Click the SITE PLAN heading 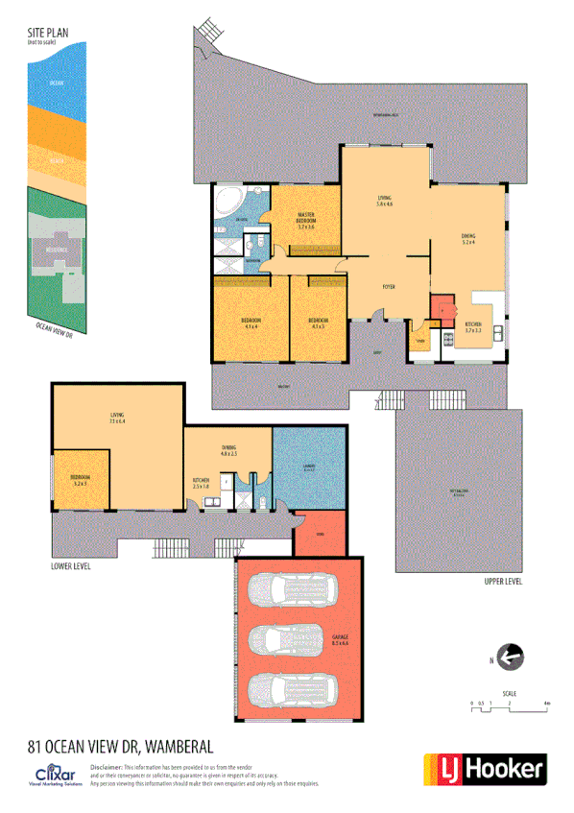click(x=48, y=31)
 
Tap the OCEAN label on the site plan click(x=58, y=84)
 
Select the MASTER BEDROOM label click(x=306, y=222)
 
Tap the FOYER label click(x=389, y=287)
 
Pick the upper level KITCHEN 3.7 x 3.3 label click(x=473, y=327)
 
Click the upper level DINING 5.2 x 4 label click(x=469, y=238)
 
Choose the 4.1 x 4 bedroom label click(x=251, y=322)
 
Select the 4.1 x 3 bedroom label click(x=319, y=322)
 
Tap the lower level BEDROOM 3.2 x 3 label click(x=80, y=481)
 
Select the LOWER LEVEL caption click(x=71, y=566)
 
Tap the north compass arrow click(x=512, y=657)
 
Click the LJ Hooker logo click(x=485, y=768)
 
